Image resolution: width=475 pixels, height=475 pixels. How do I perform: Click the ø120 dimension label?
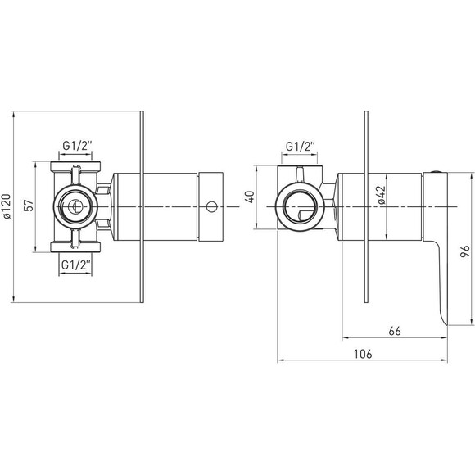(7, 206)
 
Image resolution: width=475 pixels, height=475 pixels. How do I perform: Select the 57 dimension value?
(29, 206)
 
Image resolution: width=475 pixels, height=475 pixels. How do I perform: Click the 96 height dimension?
(464, 251)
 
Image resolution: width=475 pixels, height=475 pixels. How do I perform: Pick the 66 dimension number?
(395, 331)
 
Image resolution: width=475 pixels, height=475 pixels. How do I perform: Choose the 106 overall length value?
(363, 354)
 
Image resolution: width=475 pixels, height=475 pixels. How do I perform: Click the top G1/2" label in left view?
(77, 146)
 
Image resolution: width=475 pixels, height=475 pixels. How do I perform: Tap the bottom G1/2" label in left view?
(76, 265)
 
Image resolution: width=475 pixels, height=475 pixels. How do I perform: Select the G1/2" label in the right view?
(301, 147)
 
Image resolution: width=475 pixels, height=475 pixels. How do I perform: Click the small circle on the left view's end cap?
(212, 207)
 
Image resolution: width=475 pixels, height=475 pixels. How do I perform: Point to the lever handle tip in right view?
(445, 323)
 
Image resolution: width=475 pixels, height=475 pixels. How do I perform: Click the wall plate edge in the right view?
(366, 206)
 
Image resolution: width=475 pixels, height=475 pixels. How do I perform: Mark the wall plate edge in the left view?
(142, 206)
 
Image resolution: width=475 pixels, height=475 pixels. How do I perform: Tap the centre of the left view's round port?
(74, 207)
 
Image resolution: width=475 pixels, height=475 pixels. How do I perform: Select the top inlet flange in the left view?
(75, 166)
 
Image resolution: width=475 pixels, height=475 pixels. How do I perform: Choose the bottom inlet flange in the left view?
(75, 247)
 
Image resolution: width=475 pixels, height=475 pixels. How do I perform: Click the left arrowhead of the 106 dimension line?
(280, 360)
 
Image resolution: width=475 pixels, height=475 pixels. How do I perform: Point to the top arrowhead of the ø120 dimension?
(13, 114)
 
